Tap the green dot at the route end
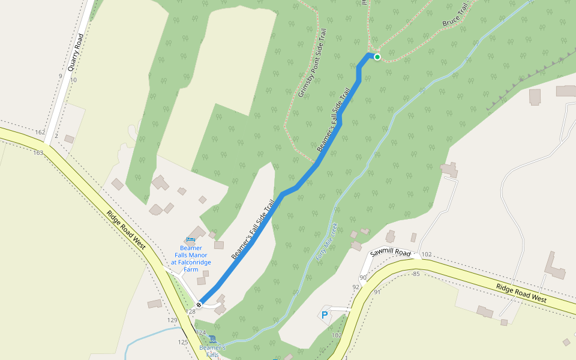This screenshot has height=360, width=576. pyautogui.click(x=377, y=57)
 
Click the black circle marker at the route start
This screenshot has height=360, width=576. pyautogui.click(x=199, y=305)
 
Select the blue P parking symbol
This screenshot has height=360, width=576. pyautogui.click(x=325, y=314)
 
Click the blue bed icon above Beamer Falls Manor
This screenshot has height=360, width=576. pyautogui.click(x=191, y=241)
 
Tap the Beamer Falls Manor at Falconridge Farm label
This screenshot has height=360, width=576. pyautogui.click(x=191, y=259)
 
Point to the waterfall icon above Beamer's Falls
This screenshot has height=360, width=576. pyautogui.click(x=212, y=339)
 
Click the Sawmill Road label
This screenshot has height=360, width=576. pyautogui.click(x=390, y=253)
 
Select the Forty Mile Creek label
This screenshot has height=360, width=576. pyautogui.click(x=327, y=241)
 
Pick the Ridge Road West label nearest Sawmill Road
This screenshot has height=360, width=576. pyautogui.click(x=521, y=293)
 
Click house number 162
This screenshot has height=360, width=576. pyautogui.click(x=40, y=132)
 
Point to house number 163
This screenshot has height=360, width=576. pyautogui.click(x=38, y=152)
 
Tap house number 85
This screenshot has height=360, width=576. pyautogui.click(x=416, y=274)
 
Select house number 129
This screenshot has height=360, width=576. pyautogui.click(x=172, y=320)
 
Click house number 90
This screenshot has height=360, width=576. pyautogui.click(x=362, y=278)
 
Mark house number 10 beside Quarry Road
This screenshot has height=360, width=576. pyautogui.click(x=73, y=80)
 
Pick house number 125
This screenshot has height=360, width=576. pyautogui.click(x=183, y=342)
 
